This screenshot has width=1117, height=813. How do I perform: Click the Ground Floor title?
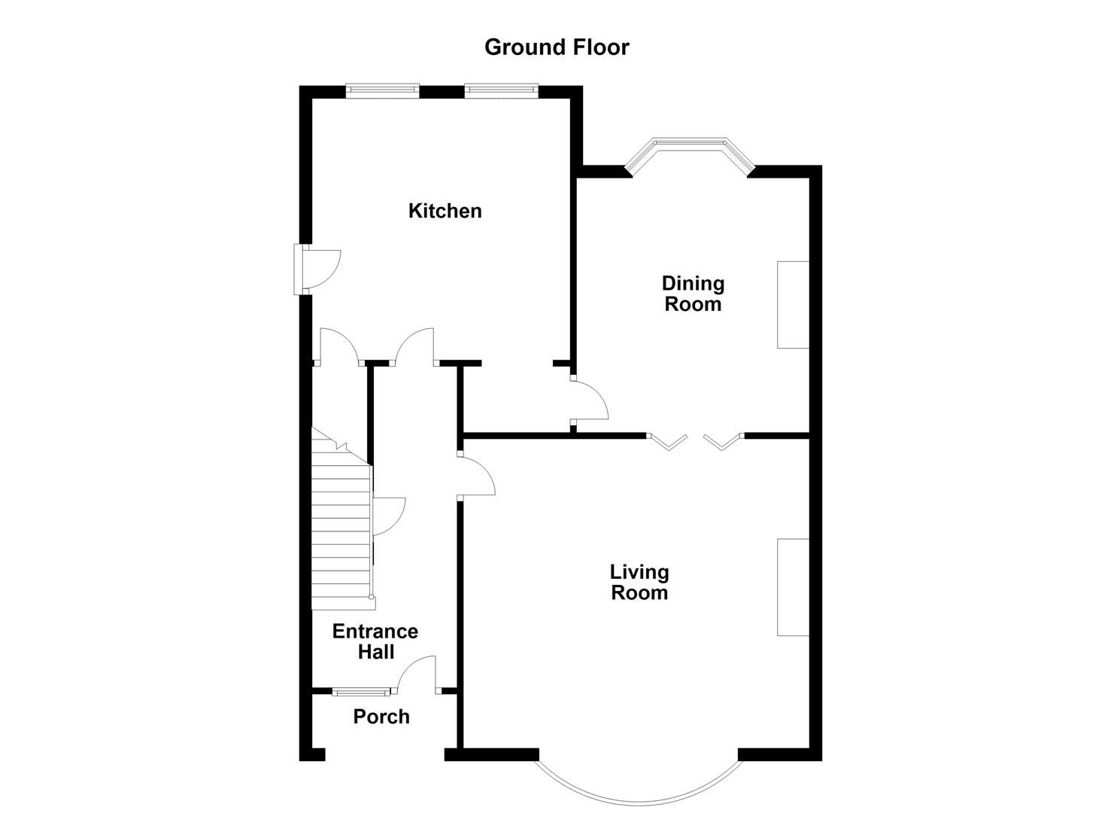point(557,47)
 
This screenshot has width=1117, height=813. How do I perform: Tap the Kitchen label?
point(445,211)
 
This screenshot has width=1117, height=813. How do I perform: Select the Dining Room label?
point(693,294)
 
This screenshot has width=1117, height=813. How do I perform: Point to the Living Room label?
point(639,583)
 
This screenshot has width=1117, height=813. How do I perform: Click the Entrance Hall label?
point(375,641)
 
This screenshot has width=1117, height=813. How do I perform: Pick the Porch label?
point(381,717)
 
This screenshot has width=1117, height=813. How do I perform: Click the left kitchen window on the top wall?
point(382,91)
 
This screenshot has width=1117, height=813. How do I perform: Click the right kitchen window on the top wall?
point(501,91)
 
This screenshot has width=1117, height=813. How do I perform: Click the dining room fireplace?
point(793,305)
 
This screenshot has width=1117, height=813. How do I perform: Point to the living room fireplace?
point(793,587)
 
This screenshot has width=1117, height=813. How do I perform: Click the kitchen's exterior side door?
point(320,269)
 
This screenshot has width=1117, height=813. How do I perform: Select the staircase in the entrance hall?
point(341,527)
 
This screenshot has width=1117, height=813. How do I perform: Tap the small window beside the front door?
point(360,690)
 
